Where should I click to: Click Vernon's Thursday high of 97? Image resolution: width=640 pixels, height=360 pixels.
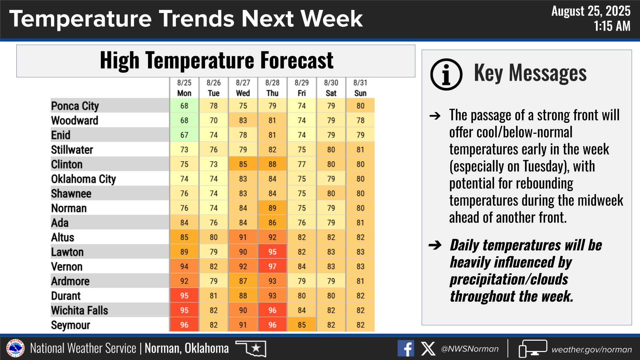click(x=272, y=266)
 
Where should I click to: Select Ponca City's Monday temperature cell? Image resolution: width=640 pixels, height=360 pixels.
click(x=184, y=106)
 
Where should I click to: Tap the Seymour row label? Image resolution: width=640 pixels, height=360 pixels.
click(x=71, y=325)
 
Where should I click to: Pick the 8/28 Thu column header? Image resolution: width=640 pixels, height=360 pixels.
click(x=272, y=88)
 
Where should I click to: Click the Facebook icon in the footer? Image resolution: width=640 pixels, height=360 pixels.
click(x=406, y=349)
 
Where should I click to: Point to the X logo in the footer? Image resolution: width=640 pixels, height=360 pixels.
click(x=428, y=349)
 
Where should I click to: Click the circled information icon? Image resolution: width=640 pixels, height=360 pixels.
click(x=446, y=74)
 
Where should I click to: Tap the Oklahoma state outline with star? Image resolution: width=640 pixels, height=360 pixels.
click(x=251, y=348)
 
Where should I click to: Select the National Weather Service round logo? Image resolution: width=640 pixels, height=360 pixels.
click(x=15, y=348)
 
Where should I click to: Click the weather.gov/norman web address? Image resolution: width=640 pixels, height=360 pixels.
click(x=592, y=349)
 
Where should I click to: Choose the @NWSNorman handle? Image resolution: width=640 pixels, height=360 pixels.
click(x=470, y=349)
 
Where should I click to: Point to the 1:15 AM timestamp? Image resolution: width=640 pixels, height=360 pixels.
click(x=612, y=26)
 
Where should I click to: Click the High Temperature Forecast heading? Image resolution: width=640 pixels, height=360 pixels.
click(x=216, y=60)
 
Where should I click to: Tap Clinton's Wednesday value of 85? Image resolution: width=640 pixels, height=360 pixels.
click(x=243, y=164)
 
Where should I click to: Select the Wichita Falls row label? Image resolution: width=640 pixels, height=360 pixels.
click(x=80, y=310)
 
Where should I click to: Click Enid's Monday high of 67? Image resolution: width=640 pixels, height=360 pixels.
click(x=184, y=135)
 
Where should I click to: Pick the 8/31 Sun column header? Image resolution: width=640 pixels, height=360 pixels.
click(x=360, y=88)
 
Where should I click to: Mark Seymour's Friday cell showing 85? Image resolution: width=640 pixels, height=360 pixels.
click(x=301, y=325)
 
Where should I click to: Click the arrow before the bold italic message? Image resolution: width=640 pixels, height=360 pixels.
click(x=435, y=245)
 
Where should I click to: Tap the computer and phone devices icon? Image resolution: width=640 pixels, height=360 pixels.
click(x=533, y=349)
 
